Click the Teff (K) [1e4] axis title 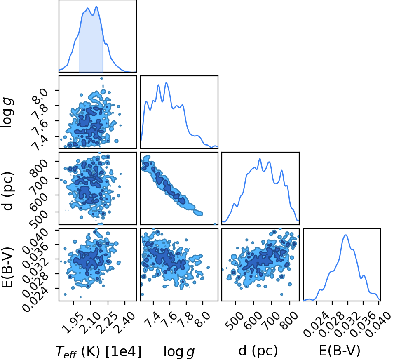point(98,351)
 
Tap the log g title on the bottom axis point(179,351)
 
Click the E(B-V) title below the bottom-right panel point(340,351)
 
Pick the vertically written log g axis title point(7,113)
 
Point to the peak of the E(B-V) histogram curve point(346,235)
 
